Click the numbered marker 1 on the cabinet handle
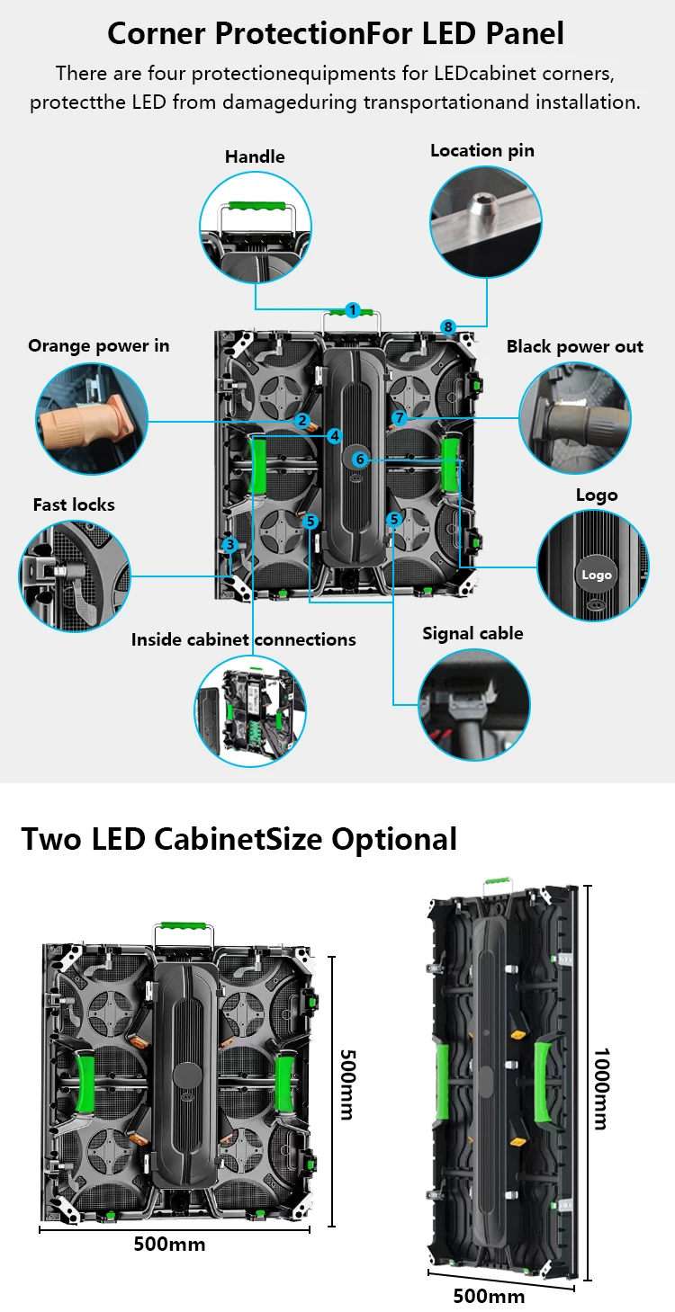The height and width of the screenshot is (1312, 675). coord(353,310)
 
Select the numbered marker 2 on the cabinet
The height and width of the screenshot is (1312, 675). coord(303,420)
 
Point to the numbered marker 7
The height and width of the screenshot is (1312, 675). coord(400,418)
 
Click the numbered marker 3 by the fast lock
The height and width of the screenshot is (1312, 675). coord(230,544)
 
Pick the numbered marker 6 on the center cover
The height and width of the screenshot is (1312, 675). coord(360,460)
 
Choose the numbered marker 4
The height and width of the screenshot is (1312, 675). coord(335,436)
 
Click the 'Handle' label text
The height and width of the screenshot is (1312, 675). coord(255,156)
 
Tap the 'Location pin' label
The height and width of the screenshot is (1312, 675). coord(482,150)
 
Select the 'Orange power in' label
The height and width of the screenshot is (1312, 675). coord(98,345)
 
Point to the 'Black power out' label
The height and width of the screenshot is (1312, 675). coord(575,346)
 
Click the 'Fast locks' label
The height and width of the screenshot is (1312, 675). coord(74,504)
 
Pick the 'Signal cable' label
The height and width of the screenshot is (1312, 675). coord(472,633)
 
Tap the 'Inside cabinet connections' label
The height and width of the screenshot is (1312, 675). coord(243,639)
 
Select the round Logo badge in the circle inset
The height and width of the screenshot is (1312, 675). coord(596,575)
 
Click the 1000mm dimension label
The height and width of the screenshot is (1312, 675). coord(600,1088)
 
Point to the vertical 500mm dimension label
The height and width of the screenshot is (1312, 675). coord(346,1084)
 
